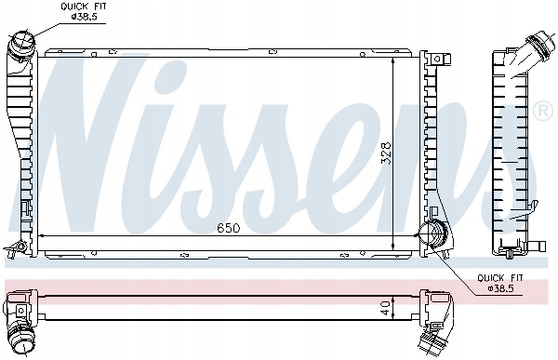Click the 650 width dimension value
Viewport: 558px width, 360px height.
[x=229, y=228]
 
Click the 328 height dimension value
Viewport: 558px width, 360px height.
[x=386, y=153]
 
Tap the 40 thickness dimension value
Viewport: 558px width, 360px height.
[x=385, y=307]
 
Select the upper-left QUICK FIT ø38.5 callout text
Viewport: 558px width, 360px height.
[x=84, y=11]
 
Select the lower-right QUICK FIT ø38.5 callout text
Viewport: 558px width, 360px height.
[x=500, y=283]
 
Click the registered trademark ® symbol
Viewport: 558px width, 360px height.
[x=543, y=112]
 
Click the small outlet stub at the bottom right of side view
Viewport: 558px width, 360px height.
[x=537, y=246]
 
